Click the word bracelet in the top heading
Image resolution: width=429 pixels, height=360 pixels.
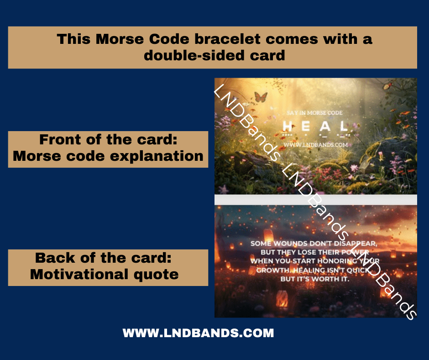click(x=226, y=39)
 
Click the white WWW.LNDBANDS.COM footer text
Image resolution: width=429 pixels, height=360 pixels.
click(x=198, y=333)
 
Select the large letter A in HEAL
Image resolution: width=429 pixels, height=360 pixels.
click(x=324, y=126)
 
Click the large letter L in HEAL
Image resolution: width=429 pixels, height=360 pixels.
click(x=343, y=126)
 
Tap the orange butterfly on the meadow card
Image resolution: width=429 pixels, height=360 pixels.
click(x=260, y=97)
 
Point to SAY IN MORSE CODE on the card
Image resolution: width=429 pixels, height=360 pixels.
click(x=314, y=112)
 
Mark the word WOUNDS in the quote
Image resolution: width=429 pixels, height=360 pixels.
click(x=291, y=244)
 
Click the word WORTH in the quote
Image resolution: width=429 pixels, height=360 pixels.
click(x=319, y=279)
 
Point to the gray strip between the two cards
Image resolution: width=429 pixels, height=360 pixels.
click(x=315, y=200)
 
